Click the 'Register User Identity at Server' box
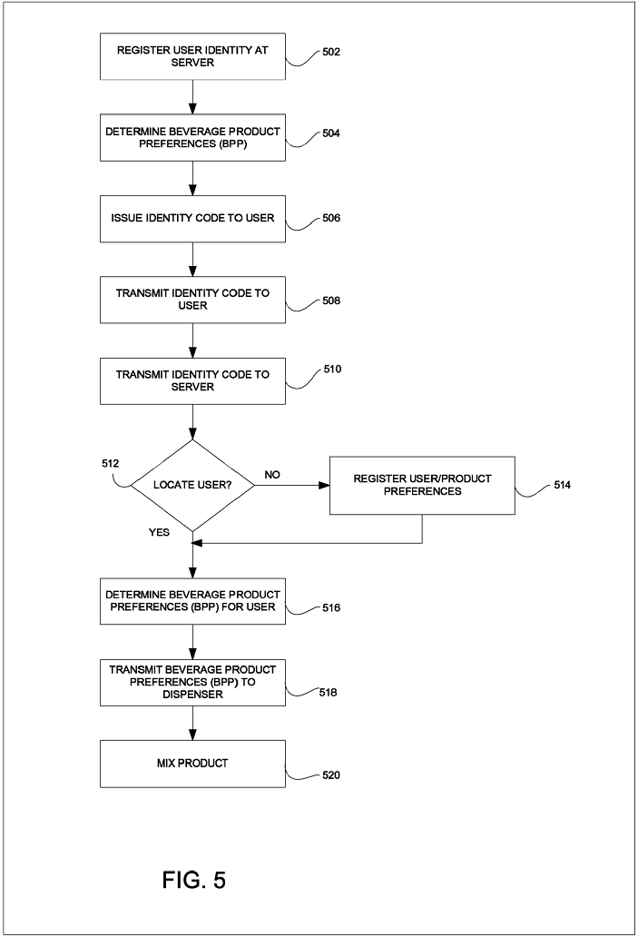pyautogui.click(x=192, y=56)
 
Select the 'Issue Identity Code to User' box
pyautogui.click(x=192, y=219)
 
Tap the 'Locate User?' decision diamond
pyautogui.click(x=192, y=485)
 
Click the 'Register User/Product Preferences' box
pyautogui.click(x=422, y=485)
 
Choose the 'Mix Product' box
pyautogui.click(x=192, y=764)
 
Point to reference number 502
pyautogui.click(x=331, y=52)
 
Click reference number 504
pyautogui.click(x=331, y=133)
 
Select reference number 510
pyautogui.click(x=332, y=370)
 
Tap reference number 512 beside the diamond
pyautogui.click(x=111, y=463)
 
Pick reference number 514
pyautogui.click(x=562, y=485)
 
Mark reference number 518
pyautogui.click(x=328, y=692)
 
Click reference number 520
pyautogui.click(x=331, y=775)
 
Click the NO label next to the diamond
pyautogui.click(x=271, y=475)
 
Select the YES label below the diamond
pyautogui.click(x=159, y=532)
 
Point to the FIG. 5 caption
pyautogui.click(x=194, y=880)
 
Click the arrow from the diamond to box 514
pyautogui.click(x=292, y=485)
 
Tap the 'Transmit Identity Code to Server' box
pyautogui.click(x=192, y=381)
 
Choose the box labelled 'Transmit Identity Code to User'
pyautogui.click(x=192, y=300)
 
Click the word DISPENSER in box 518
pyautogui.click(x=192, y=695)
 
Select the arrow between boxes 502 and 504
pyautogui.click(x=192, y=97)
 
